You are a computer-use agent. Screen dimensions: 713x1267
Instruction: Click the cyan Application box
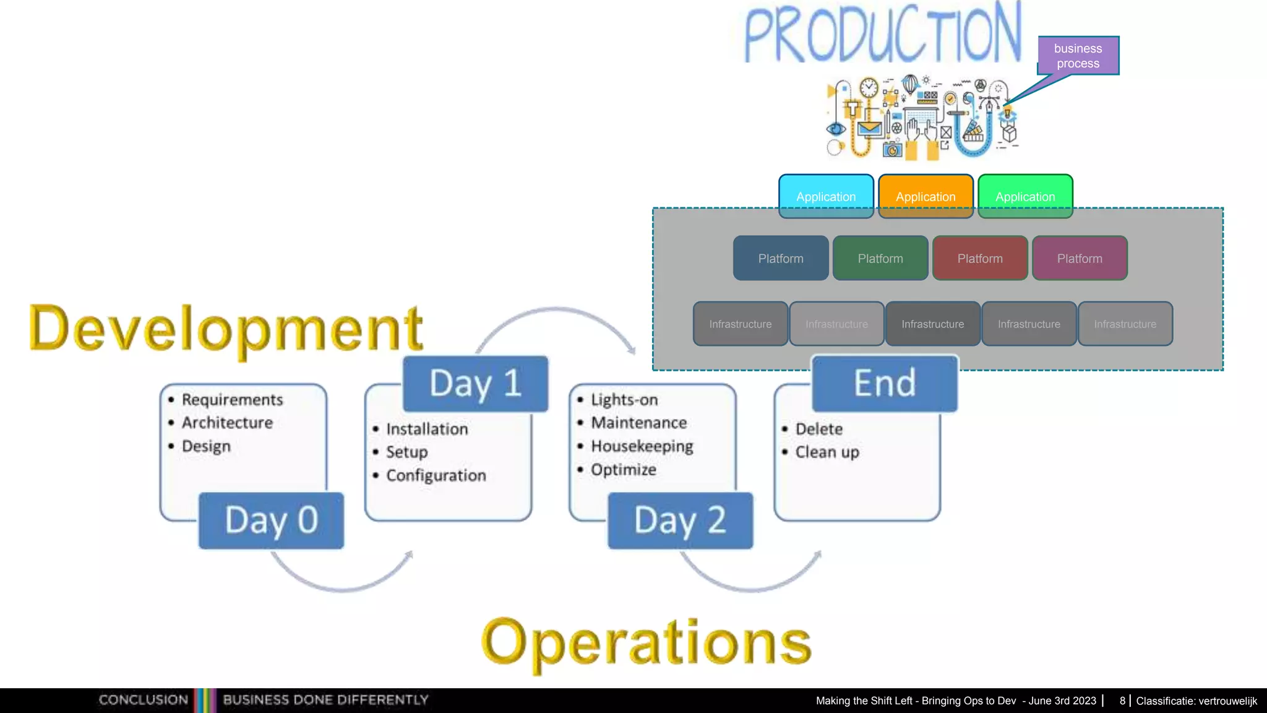click(826, 196)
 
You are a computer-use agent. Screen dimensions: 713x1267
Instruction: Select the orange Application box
click(926, 196)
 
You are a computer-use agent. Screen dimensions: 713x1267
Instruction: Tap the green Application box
click(1025, 196)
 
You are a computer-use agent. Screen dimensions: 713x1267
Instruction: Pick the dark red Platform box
click(980, 258)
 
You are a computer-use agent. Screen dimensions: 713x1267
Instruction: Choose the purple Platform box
click(1080, 258)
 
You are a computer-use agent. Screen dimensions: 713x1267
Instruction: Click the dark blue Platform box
click(781, 258)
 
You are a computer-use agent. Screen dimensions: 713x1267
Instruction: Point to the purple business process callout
click(1078, 56)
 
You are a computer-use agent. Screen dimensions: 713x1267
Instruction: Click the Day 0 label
click(271, 521)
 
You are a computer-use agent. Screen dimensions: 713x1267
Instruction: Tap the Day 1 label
click(475, 384)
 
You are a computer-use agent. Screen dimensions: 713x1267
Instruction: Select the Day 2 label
click(680, 521)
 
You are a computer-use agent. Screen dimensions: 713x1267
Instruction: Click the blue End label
click(885, 384)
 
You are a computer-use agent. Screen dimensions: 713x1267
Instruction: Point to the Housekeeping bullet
click(642, 446)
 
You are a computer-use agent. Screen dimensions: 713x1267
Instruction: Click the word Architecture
click(227, 423)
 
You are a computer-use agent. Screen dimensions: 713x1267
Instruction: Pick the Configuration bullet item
click(436, 475)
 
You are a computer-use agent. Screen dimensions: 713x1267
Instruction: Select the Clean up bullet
click(827, 452)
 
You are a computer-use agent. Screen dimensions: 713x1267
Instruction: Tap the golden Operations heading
click(646, 644)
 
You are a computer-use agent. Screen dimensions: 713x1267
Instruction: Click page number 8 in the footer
click(1122, 701)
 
